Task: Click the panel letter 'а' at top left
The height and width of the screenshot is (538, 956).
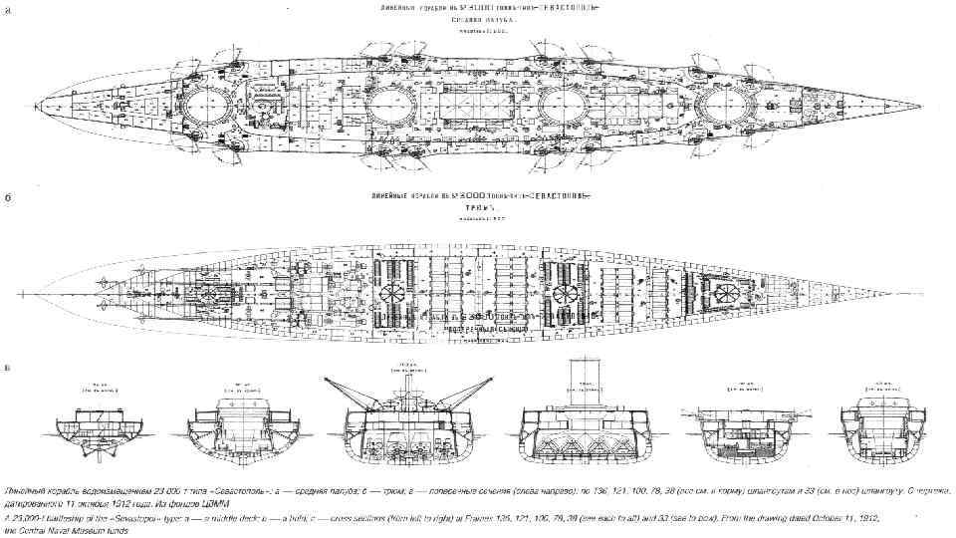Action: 8,10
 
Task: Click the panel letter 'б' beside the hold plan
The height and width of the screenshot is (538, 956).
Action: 8,198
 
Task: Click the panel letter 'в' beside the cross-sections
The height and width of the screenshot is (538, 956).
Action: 8,368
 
